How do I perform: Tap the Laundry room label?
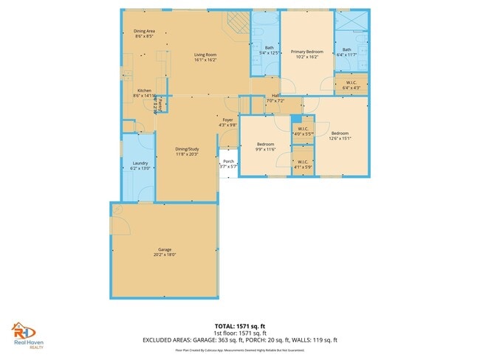(x=141, y=163)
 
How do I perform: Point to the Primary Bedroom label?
(x=307, y=52)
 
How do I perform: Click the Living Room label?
(x=205, y=55)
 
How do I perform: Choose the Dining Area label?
(x=144, y=31)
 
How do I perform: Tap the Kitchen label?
(x=144, y=91)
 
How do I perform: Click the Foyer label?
(x=227, y=119)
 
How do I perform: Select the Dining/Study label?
(x=188, y=149)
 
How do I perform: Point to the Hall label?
(x=275, y=95)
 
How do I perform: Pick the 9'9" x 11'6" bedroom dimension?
(x=266, y=148)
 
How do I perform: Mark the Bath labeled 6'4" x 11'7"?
(x=347, y=53)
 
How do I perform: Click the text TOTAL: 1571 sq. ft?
(x=239, y=325)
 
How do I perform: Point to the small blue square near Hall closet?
(x=295, y=118)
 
